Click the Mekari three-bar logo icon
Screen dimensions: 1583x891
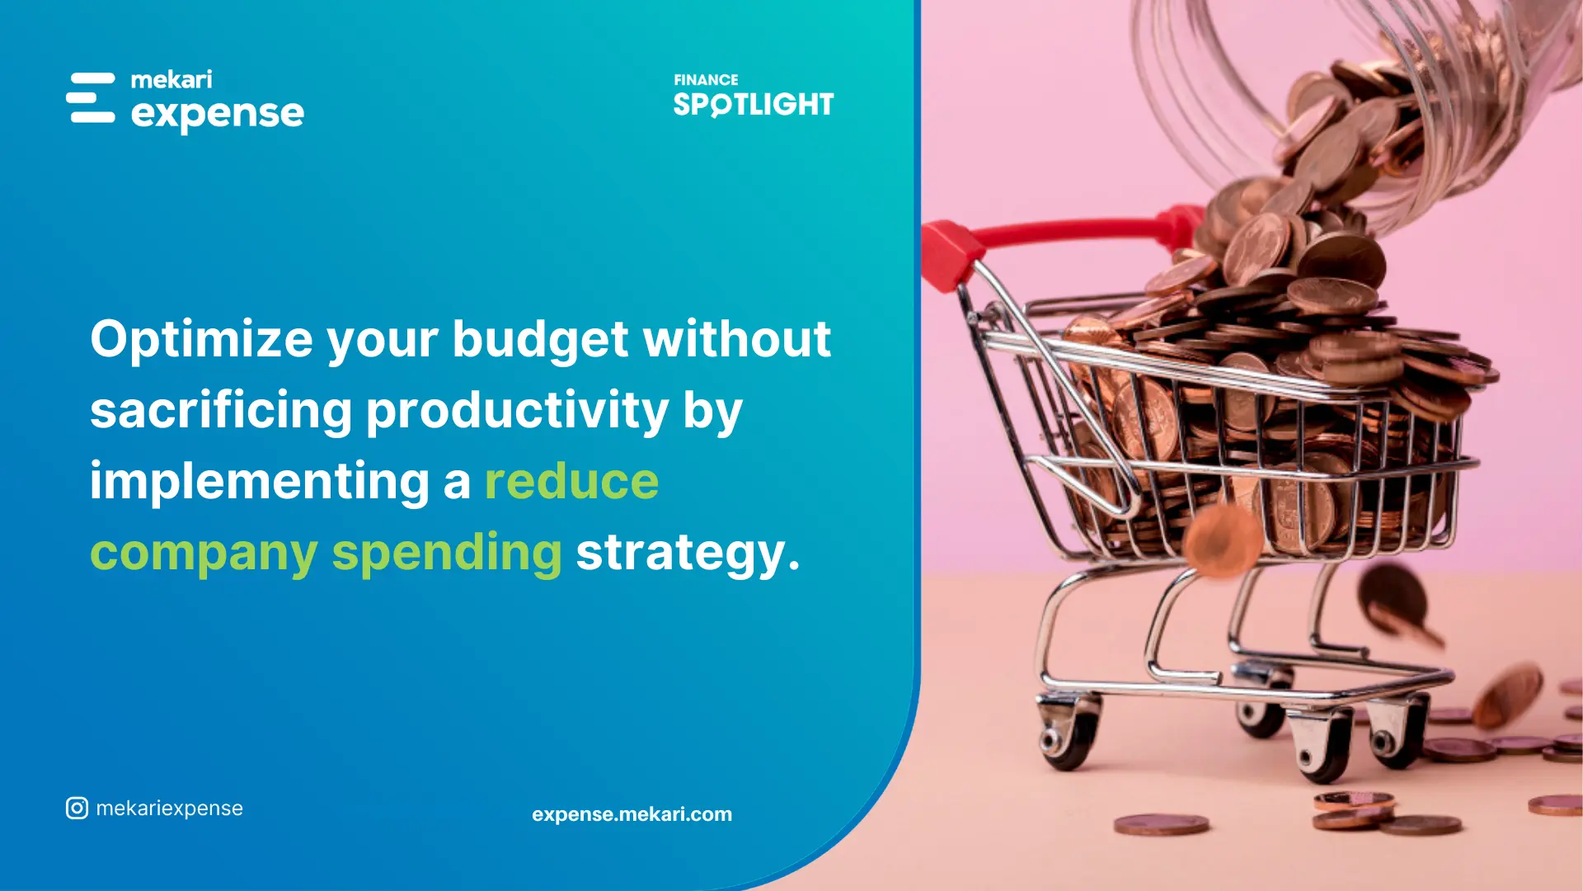pos(91,97)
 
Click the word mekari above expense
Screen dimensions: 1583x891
pos(171,79)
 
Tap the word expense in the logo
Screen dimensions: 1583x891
pos(218,114)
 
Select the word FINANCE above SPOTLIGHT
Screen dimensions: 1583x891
pos(706,80)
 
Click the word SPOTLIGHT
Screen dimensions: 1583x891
pos(754,104)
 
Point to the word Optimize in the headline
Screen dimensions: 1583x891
pos(201,339)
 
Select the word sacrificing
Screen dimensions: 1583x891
pos(221,411)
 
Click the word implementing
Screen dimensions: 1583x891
pos(260,482)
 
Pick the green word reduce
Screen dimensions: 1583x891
pos(572,482)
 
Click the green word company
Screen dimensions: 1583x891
pos(204,553)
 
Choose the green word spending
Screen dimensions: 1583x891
pos(447,553)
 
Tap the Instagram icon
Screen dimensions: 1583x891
pos(77,808)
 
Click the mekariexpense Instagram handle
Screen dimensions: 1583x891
pos(170,808)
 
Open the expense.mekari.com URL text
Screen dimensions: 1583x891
pos(632,814)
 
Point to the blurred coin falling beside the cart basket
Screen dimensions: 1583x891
pos(1223,540)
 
